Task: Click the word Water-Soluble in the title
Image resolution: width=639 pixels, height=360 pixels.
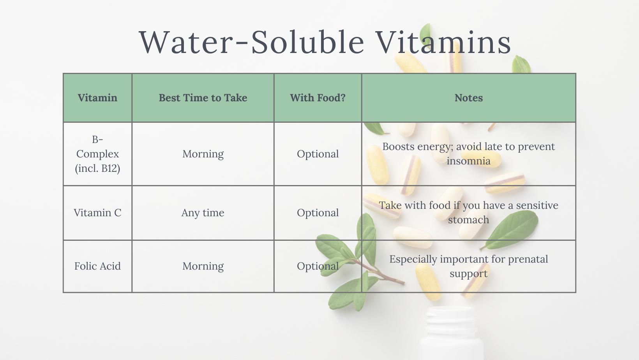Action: coord(252,42)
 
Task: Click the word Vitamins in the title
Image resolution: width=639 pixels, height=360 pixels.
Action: coord(443,42)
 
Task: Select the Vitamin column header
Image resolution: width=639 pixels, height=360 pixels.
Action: coord(97,98)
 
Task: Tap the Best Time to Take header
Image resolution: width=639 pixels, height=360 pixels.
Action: coord(203,98)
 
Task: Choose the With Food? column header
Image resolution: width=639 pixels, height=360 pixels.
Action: coord(318,98)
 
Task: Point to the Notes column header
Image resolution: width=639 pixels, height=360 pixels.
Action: coord(469,98)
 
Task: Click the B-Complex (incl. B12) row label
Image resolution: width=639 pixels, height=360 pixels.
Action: coord(97,154)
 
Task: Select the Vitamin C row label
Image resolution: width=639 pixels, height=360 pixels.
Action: coord(97,213)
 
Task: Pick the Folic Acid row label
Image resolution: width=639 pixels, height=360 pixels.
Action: coord(97,266)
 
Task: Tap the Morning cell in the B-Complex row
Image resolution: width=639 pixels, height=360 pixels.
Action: coord(203,154)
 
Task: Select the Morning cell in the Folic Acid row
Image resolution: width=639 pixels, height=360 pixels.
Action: coord(203,266)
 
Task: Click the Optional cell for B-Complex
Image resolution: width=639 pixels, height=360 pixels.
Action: coord(318,154)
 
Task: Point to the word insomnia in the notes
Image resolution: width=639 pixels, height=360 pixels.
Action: coord(469,161)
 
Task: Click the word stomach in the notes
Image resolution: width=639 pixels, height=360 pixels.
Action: coord(469,220)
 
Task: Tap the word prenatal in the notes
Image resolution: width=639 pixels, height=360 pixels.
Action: coord(528,259)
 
